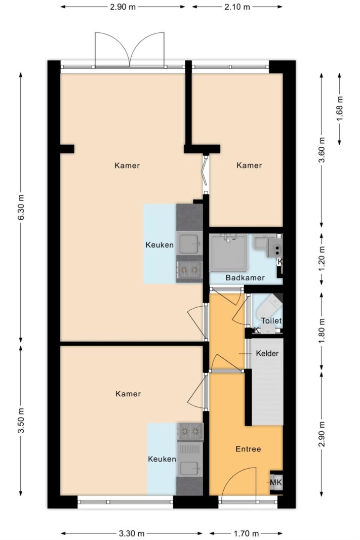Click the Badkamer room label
tap(245, 277)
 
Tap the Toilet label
tap(271, 321)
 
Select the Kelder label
tap(267, 353)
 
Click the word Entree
tap(248, 449)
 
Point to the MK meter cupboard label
tap(276, 482)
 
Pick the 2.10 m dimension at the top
tap(237, 7)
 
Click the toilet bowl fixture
tap(269, 309)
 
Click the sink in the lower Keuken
tap(189, 468)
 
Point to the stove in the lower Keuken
tap(190, 431)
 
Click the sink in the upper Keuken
tap(189, 243)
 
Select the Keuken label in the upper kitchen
tap(159, 245)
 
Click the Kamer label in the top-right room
tap(249, 165)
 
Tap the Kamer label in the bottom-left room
tap(128, 394)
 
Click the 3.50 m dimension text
tap(21, 421)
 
